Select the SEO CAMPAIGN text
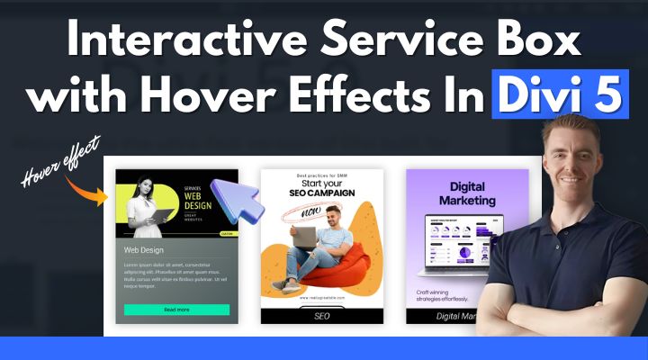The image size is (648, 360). [x=321, y=193]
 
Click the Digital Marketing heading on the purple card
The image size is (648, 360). [x=466, y=193]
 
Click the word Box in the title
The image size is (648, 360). [x=537, y=44]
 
